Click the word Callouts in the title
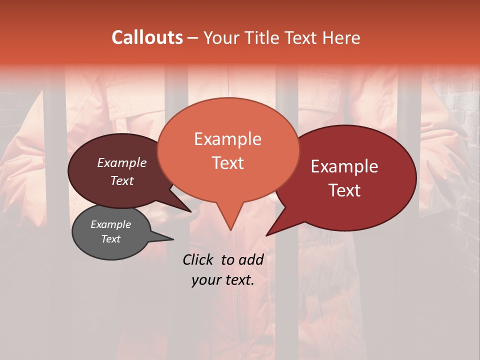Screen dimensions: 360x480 click(x=147, y=37)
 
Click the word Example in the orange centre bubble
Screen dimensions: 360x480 click(x=227, y=139)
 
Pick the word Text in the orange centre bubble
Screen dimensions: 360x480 click(x=227, y=163)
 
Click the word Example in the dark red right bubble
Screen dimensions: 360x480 click(x=344, y=166)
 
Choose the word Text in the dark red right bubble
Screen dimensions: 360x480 click(x=344, y=190)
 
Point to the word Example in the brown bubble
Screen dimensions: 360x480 click(x=122, y=162)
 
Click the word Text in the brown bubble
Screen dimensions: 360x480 click(x=122, y=180)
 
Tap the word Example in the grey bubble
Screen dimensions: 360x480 click(x=110, y=224)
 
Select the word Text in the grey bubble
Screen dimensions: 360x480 click(x=110, y=239)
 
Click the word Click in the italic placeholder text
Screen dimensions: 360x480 click(x=199, y=259)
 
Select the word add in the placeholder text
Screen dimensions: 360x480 click(x=251, y=259)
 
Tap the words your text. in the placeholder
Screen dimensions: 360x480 click(x=222, y=280)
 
